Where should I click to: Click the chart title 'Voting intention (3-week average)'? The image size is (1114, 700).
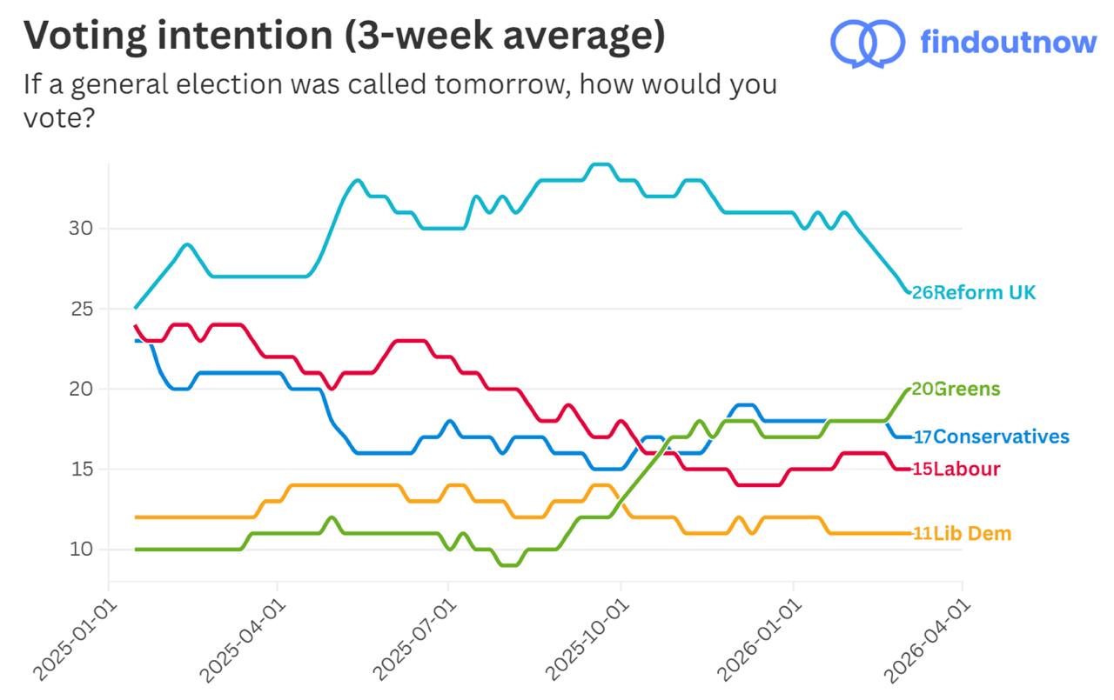click(x=344, y=37)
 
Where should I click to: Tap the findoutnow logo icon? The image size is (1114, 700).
click(x=868, y=41)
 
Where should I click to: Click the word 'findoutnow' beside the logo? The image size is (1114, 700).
click(x=1008, y=41)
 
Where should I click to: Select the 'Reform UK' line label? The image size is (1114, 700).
click(x=984, y=293)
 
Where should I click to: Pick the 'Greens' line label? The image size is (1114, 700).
click(x=967, y=390)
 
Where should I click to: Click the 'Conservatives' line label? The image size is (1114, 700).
click(x=1001, y=437)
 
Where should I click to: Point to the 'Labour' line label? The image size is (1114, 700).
click(x=966, y=470)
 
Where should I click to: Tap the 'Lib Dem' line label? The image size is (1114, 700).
click(x=972, y=534)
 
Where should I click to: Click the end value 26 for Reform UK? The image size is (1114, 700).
click(x=922, y=293)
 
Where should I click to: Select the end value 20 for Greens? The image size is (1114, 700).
click(x=922, y=390)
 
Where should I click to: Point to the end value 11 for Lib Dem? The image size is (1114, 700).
click(x=922, y=534)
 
